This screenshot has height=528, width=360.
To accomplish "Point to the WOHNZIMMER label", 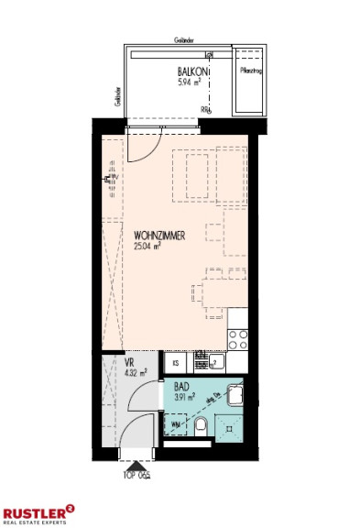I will pos(159,235).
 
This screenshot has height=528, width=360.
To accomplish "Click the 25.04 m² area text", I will pos(148,247).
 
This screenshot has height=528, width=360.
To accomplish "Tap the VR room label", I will pos(129,363).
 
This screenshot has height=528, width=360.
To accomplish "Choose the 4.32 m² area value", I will pos(136,374).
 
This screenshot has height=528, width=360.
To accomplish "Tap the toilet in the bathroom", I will pos(201,425).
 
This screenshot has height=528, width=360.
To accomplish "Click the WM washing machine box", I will pos(175,424).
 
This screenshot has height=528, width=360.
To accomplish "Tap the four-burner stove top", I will pos(236,338).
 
